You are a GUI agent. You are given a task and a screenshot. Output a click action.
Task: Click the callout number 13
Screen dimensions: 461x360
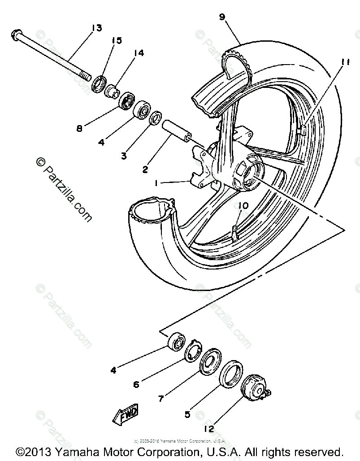96,28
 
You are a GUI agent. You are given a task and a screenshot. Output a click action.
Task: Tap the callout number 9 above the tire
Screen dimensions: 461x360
222,17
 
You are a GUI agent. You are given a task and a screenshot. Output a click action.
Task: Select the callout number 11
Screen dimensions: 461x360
345,62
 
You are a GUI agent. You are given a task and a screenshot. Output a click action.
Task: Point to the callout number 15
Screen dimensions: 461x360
117,41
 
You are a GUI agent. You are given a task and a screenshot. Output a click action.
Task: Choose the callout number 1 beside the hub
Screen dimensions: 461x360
156,184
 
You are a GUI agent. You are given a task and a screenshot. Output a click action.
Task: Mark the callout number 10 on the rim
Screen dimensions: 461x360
243,205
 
